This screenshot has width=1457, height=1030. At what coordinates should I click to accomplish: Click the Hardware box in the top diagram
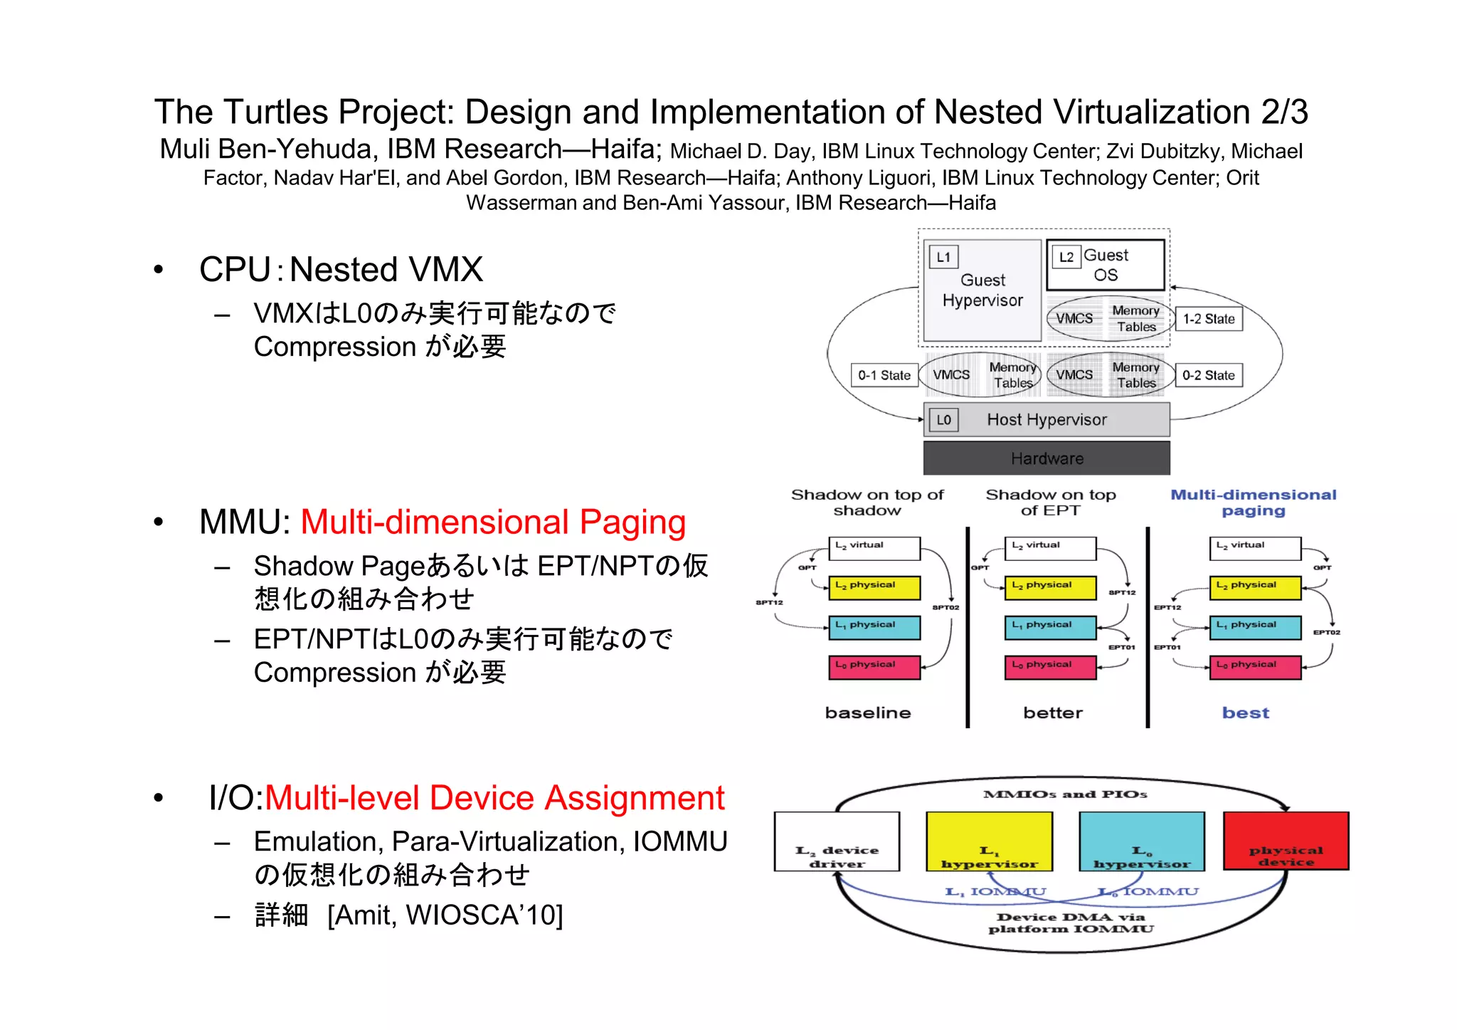coord(1046,458)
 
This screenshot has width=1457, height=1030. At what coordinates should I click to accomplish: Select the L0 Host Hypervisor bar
coord(1046,419)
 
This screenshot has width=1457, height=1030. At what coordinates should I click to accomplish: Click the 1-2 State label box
coord(1208,319)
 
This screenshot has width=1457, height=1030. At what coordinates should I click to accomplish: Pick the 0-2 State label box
coord(1208,375)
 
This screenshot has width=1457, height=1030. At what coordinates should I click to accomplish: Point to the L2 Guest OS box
coord(1105,265)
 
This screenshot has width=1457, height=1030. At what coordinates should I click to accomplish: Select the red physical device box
coord(1286,841)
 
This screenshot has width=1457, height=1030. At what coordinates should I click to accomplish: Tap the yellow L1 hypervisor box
coord(989,841)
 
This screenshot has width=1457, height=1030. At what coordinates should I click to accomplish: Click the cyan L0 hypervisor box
coord(1141,841)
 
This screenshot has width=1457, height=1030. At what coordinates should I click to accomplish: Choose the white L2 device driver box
coord(837,841)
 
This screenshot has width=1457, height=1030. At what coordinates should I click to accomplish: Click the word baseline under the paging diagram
coord(867,713)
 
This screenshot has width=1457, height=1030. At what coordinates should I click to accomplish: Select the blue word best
coord(1245,713)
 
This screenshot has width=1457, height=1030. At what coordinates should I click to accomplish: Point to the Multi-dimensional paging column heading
coord(1253,502)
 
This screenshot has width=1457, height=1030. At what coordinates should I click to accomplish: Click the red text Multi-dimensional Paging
coord(492,522)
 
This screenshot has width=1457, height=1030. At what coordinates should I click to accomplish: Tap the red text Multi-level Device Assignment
coord(494,798)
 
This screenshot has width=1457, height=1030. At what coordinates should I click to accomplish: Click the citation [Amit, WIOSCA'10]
coord(445,915)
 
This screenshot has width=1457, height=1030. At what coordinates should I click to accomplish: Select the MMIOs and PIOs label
coord(1064,794)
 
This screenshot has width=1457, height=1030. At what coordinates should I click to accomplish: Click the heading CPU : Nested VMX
coord(341,270)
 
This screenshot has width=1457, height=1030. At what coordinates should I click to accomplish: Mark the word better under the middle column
coord(1052,713)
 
